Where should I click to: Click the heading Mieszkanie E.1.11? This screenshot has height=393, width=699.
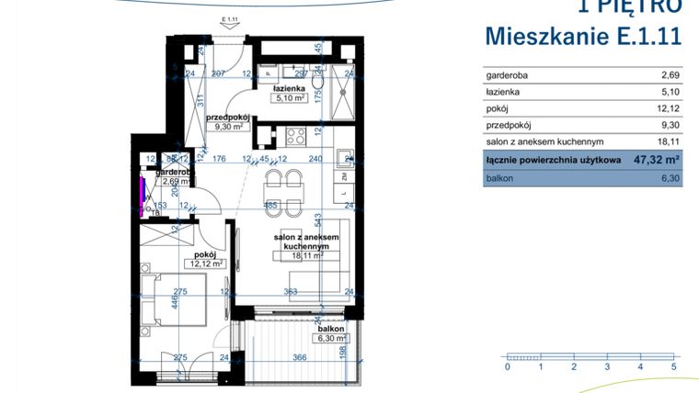pos(583,37)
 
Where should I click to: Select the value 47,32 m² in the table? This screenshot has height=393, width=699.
pos(655,160)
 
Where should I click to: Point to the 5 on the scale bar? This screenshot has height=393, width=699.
pos(673,366)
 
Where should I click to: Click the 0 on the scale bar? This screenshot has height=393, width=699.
pos(507,366)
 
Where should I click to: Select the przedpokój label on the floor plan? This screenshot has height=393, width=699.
pos(229,118)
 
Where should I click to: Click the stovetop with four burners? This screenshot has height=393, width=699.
pos(297,137)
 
